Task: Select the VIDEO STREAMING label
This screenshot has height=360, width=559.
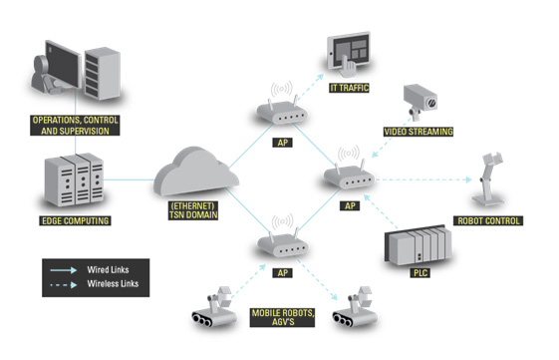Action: (419, 132)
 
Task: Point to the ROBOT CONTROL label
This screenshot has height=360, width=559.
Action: (488, 220)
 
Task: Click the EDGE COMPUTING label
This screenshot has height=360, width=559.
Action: (75, 220)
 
